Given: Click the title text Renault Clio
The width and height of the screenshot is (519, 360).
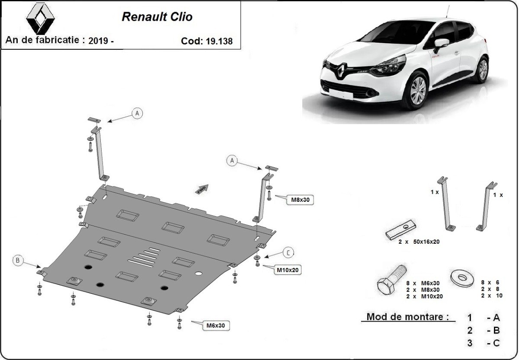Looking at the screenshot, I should pos(157,17).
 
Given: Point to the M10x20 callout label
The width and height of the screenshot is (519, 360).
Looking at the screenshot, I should pos(288,270).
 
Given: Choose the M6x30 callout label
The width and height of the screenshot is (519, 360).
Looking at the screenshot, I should pos(217,325).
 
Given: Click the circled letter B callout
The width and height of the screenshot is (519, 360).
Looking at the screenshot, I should pos(18,260).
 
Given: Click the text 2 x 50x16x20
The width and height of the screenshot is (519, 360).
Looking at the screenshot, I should pos(419,242).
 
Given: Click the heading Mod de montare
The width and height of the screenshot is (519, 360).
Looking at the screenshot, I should pos(407,317).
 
